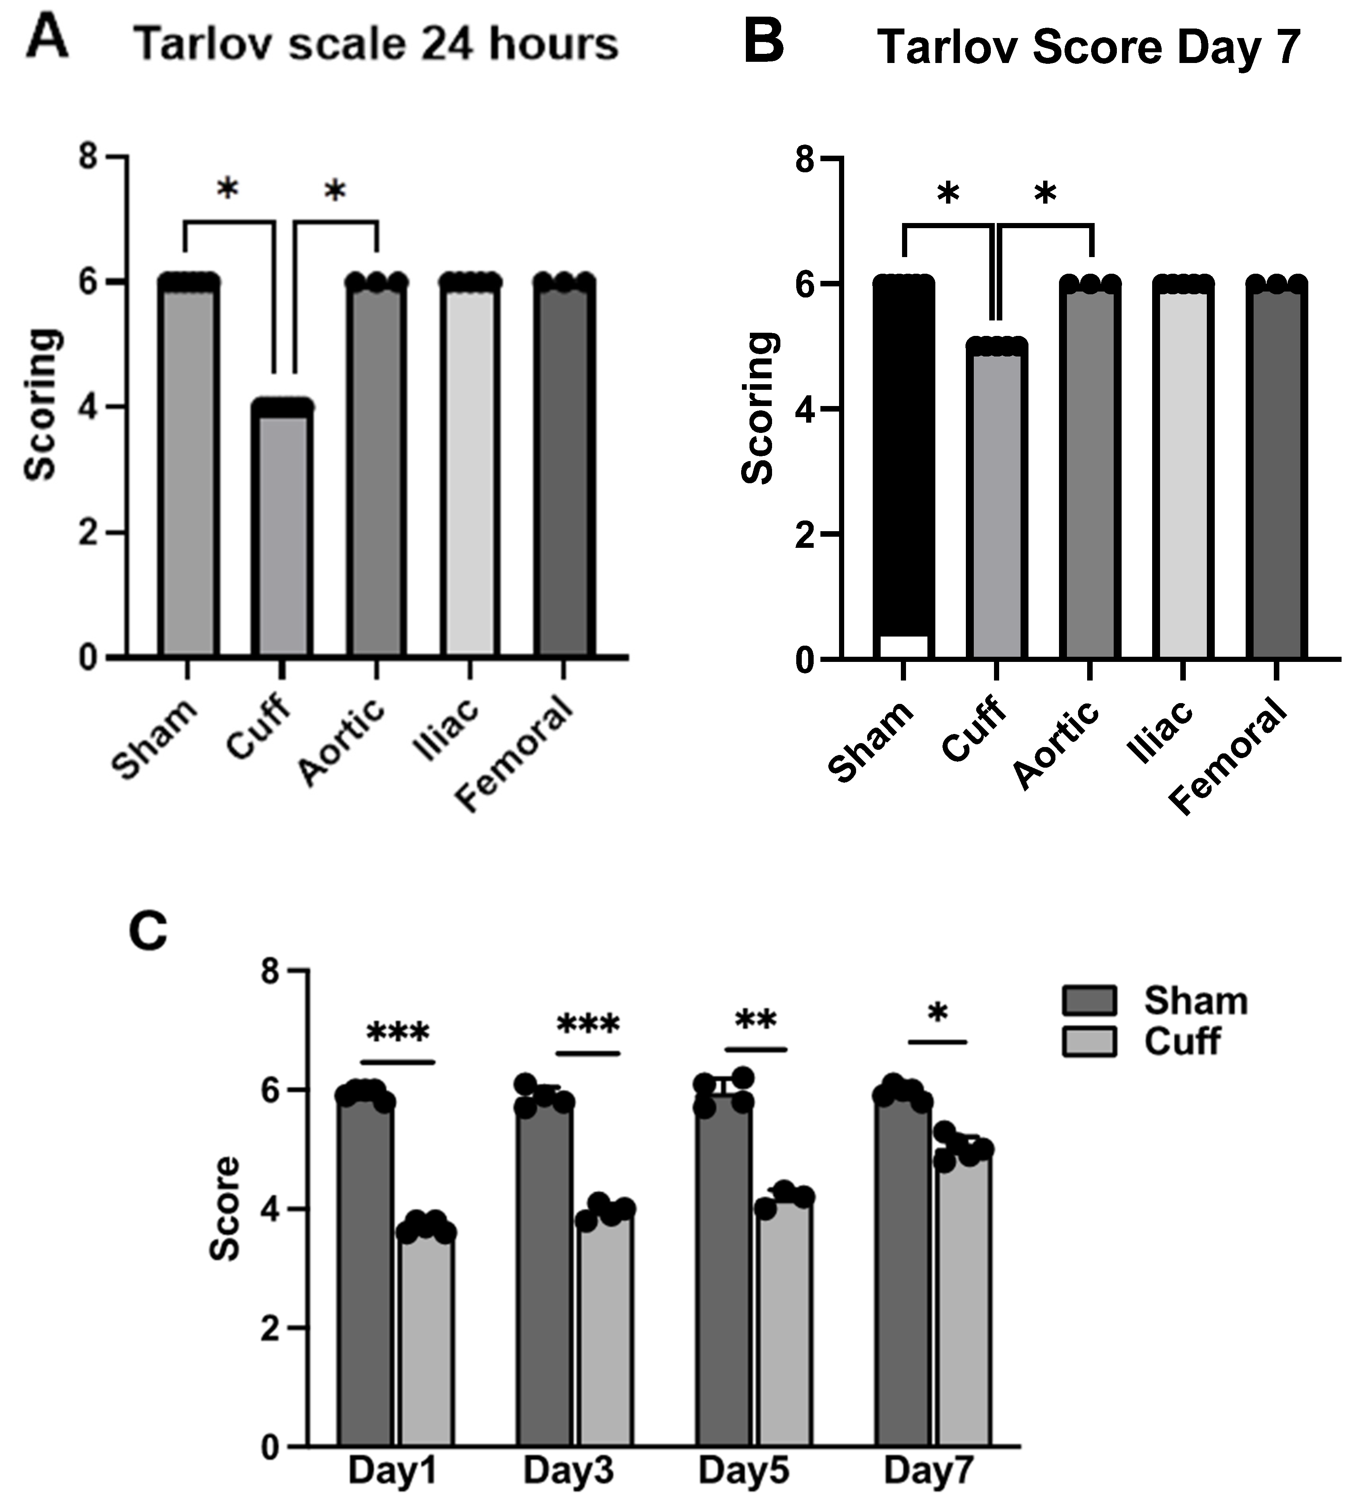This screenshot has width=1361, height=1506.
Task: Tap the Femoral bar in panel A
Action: point(564,471)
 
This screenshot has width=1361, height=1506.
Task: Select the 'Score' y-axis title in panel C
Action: point(224,1208)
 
